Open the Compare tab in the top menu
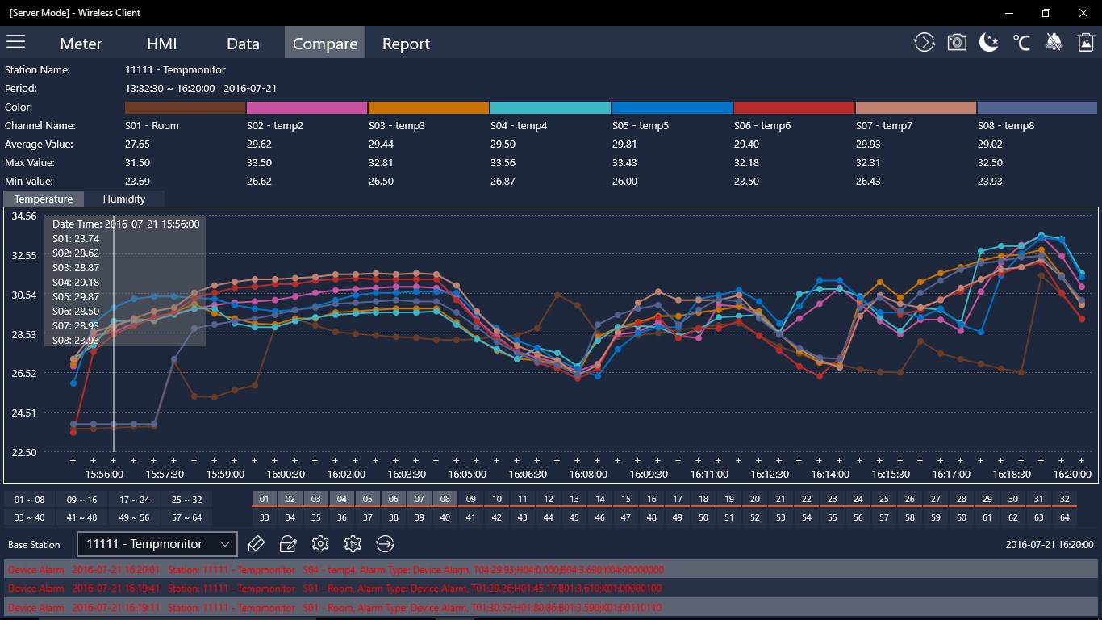pyautogui.click(x=325, y=44)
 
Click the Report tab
pyautogui.click(x=406, y=44)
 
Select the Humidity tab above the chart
pyautogui.click(x=124, y=199)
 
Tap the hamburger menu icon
pyautogui.click(x=16, y=42)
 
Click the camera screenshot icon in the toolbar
pyautogui.click(x=957, y=43)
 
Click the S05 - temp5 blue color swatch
pyautogui.click(x=672, y=107)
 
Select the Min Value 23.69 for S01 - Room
pyautogui.click(x=137, y=182)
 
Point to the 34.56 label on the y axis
pyautogui.click(x=24, y=216)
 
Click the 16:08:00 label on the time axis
pyautogui.click(x=588, y=475)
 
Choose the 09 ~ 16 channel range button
pyautogui.click(x=81, y=500)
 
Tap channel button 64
pyautogui.click(x=1064, y=517)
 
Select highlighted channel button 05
pyautogui.click(x=367, y=499)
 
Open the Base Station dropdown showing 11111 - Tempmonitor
pyautogui.click(x=157, y=544)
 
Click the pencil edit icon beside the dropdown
pyautogui.click(x=257, y=544)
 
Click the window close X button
pyautogui.click(x=1083, y=13)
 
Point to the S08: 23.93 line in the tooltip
pyautogui.click(x=77, y=340)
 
